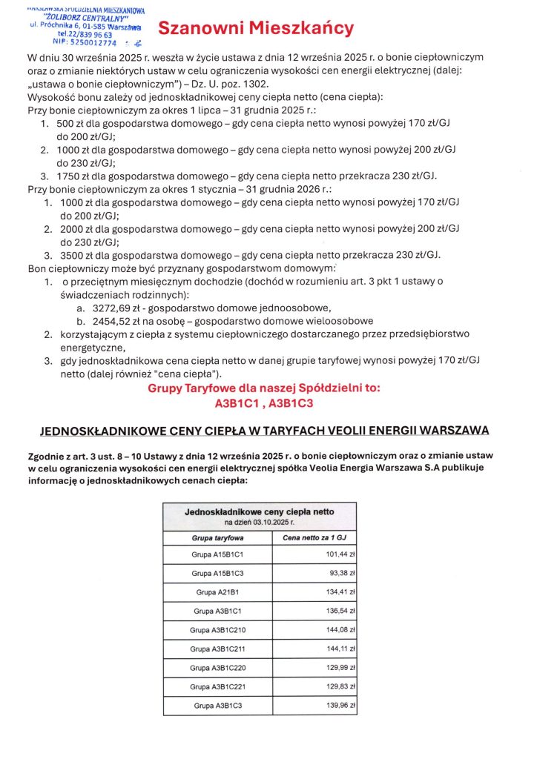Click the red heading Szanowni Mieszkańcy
pos(256,29)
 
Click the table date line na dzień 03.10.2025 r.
pos(259,522)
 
